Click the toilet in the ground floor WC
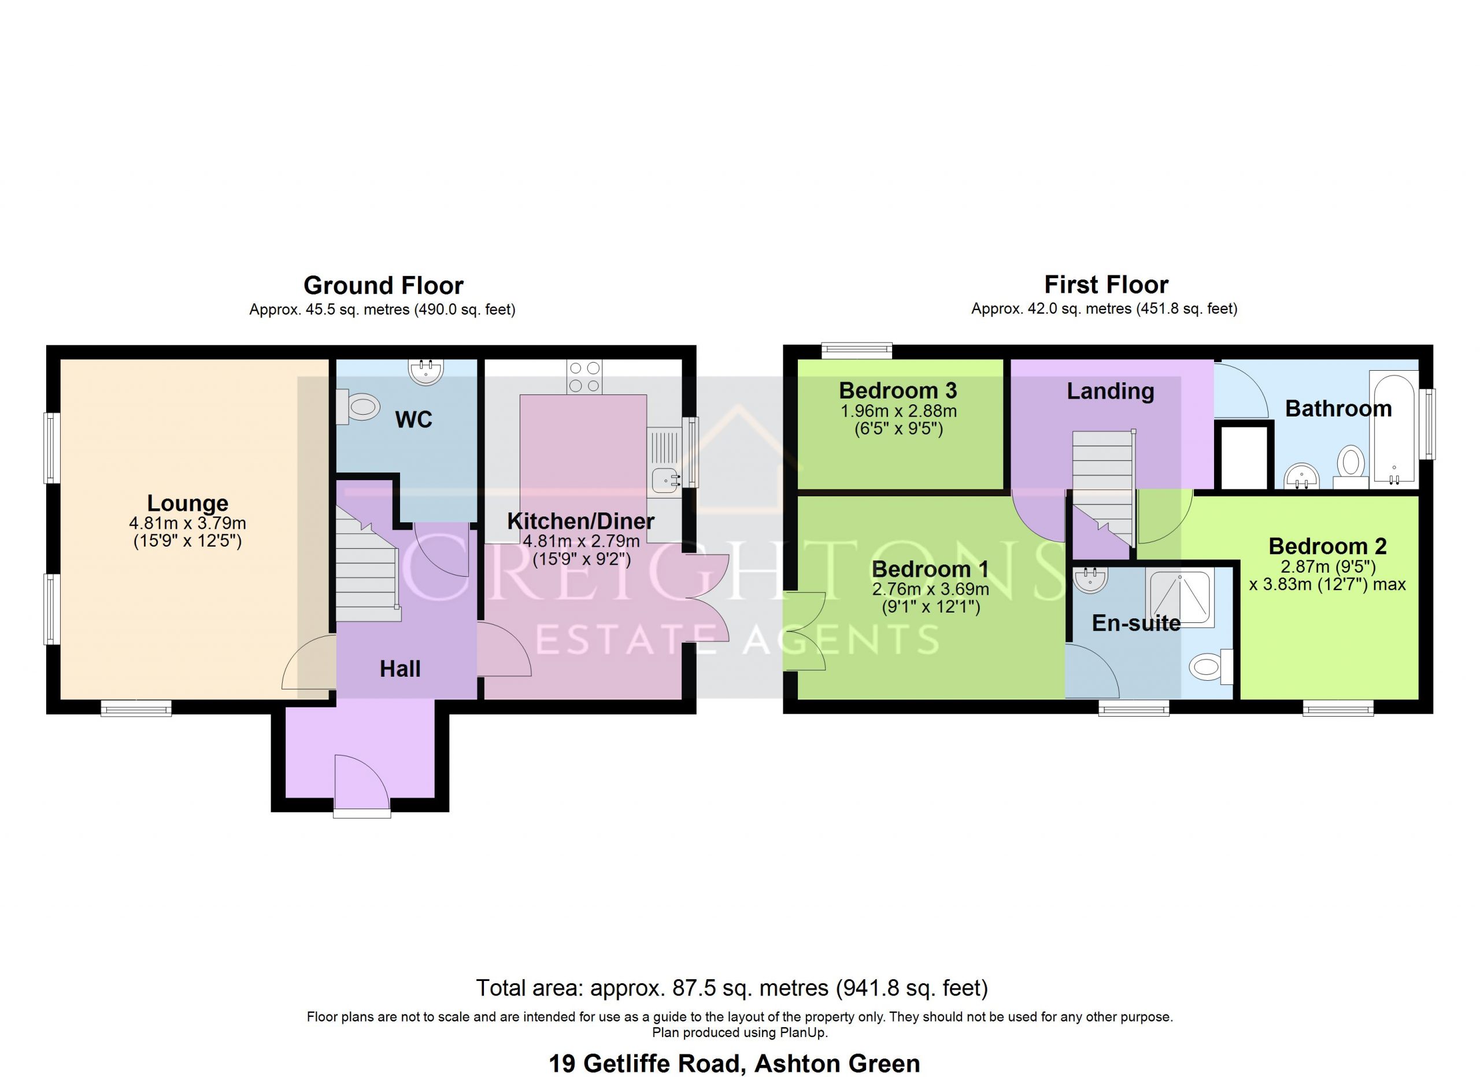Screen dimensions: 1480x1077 pyautogui.click(x=358, y=407)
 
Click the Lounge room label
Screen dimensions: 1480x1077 pyautogui.click(x=188, y=503)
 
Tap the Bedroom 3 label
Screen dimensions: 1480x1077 pyautogui.click(x=898, y=390)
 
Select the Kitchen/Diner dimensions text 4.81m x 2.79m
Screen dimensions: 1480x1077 pyautogui.click(x=582, y=541)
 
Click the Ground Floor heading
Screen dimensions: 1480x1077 pyautogui.click(x=384, y=285)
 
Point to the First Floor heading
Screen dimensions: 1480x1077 pyautogui.click(x=1106, y=285)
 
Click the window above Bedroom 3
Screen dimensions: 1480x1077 pyautogui.click(x=857, y=351)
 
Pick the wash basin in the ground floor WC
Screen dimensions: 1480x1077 pyautogui.click(x=426, y=371)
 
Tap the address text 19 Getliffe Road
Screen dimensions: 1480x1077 pyautogui.click(x=647, y=1063)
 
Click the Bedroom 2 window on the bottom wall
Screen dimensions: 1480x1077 pyautogui.click(x=1338, y=708)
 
